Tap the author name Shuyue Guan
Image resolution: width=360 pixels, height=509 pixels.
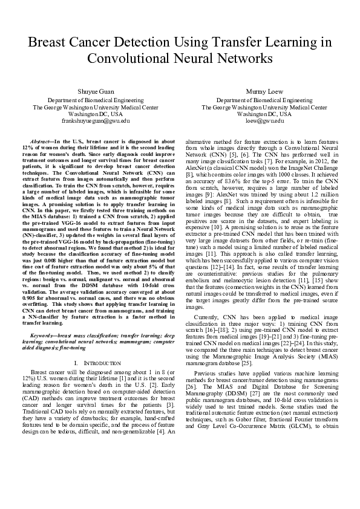pyautogui.click(x=96, y=90)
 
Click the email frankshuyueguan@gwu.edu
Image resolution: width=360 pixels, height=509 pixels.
pyautogui.click(x=96, y=121)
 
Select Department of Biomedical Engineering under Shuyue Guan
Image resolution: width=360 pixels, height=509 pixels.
pyautogui.click(x=96, y=99)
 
